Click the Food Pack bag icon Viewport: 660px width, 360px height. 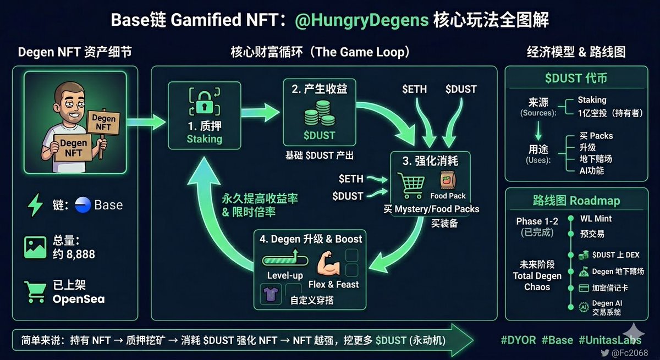pyautogui.click(x=446, y=181)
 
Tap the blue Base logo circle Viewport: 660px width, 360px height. pyautogui.click(x=82, y=204)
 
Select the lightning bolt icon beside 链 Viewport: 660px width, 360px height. pyautogui.click(x=36, y=205)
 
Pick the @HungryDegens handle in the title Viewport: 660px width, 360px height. pyautogui.click(x=361, y=20)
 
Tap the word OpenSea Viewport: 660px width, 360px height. pyautogui.click(x=79, y=300)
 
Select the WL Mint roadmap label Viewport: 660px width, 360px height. pyautogui.click(x=596, y=219)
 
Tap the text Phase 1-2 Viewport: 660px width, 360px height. pyautogui.click(x=536, y=221)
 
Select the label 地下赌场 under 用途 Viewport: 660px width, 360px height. pyautogui.click(x=595, y=159)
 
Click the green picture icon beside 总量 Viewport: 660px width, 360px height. pyautogui.click(x=35, y=247)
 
